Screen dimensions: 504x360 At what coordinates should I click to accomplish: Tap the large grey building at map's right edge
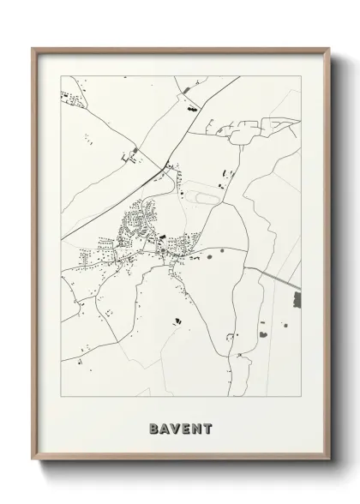click(x=297, y=300)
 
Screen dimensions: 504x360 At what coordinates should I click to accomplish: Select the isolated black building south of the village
click(x=178, y=321)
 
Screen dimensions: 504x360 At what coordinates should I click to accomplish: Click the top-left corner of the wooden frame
click(x=33, y=48)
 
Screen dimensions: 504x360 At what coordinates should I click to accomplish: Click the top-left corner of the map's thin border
click(x=58, y=75)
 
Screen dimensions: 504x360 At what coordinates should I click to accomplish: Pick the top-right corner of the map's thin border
click(x=301, y=75)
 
